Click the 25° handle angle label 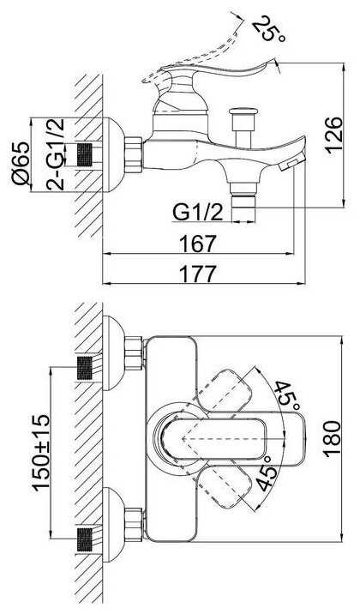tap(268, 28)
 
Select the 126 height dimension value tap(333, 135)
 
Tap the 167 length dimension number tap(198, 244)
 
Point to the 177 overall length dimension tap(198, 274)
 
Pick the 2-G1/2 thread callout tap(55, 154)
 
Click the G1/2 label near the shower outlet tap(198, 213)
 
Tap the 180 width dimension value tap(333, 439)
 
